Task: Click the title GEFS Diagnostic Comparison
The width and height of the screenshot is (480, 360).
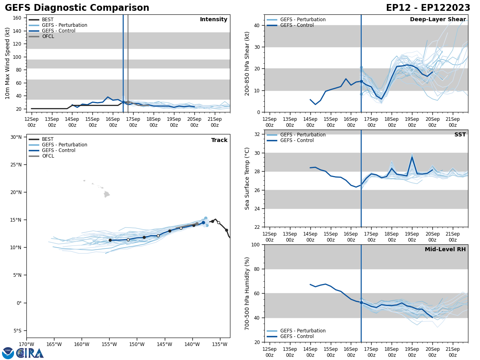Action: [77, 8]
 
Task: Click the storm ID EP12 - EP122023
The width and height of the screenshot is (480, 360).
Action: [428, 8]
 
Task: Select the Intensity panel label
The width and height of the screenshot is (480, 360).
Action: [214, 20]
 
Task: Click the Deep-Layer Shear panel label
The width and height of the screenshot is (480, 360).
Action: [438, 20]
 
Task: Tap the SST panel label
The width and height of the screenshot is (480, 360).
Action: [460, 135]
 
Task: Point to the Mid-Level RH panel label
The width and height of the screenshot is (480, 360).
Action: [445, 250]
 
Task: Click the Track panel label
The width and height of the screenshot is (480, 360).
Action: [219, 140]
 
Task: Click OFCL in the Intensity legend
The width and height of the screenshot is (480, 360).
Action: [48, 36]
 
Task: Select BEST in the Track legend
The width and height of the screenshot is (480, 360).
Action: [48, 139]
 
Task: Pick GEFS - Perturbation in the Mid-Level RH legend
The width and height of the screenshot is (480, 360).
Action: [303, 331]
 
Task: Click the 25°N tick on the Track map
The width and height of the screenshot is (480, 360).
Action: [16, 165]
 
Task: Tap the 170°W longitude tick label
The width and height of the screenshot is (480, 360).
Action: [26, 344]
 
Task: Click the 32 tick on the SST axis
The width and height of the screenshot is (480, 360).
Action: [256, 134]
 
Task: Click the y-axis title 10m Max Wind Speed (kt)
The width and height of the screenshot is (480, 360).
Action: [8, 63]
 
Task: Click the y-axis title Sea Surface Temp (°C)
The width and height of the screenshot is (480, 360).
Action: [247, 178]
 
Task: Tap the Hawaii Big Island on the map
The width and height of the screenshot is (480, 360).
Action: [106, 194]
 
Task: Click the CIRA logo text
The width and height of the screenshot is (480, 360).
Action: [30, 353]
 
